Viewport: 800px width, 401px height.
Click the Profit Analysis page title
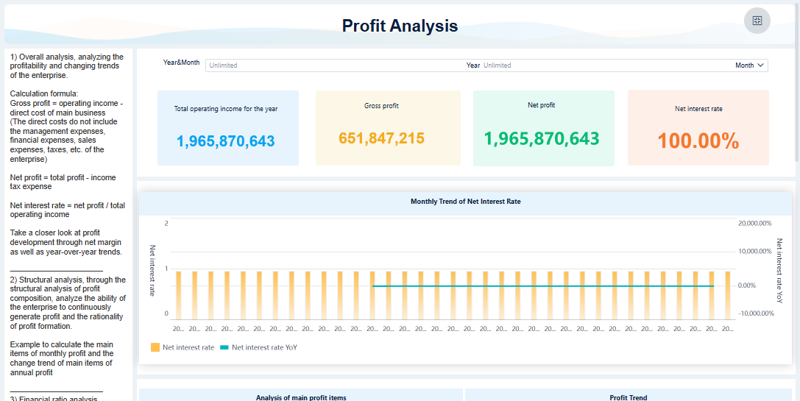click(400, 26)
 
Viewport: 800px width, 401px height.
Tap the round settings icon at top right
click(757, 21)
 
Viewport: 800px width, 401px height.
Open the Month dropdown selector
click(750, 65)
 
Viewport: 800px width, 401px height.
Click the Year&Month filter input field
click(331, 65)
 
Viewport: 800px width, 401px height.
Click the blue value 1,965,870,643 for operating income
click(226, 141)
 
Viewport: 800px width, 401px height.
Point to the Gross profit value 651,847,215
click(381, 138)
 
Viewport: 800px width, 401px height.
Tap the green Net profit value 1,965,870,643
click(542, 138)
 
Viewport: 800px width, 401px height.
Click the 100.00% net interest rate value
click(698, 141)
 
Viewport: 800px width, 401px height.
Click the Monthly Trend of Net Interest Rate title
click(465, 201)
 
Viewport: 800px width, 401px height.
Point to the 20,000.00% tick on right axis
click(754, 223)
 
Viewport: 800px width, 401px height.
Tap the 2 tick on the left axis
click(166, 223)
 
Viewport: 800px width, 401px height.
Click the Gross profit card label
click(381, 106)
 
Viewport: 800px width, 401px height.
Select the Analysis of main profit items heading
click(300, 397)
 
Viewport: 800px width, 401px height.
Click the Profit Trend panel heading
click(628, 397)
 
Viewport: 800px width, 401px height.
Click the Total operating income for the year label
click(226, 109)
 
